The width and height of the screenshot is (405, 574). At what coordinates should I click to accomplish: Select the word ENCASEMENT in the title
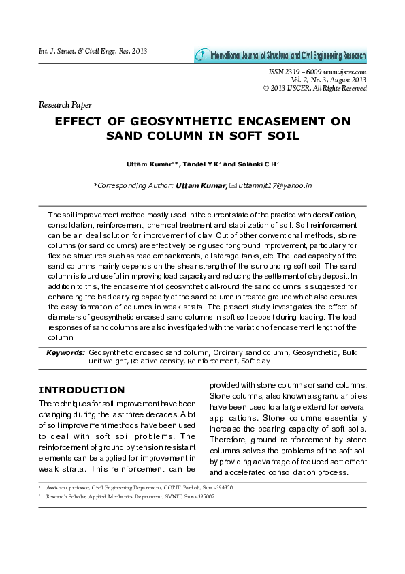(275, 121)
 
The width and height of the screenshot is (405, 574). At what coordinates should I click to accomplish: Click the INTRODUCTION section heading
(82, 390)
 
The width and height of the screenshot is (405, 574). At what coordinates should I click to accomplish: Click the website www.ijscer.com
(346, 72)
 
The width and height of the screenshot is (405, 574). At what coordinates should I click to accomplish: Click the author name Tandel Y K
(202, 165)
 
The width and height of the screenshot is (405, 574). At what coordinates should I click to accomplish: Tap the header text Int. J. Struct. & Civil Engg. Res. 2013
(93, 52)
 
